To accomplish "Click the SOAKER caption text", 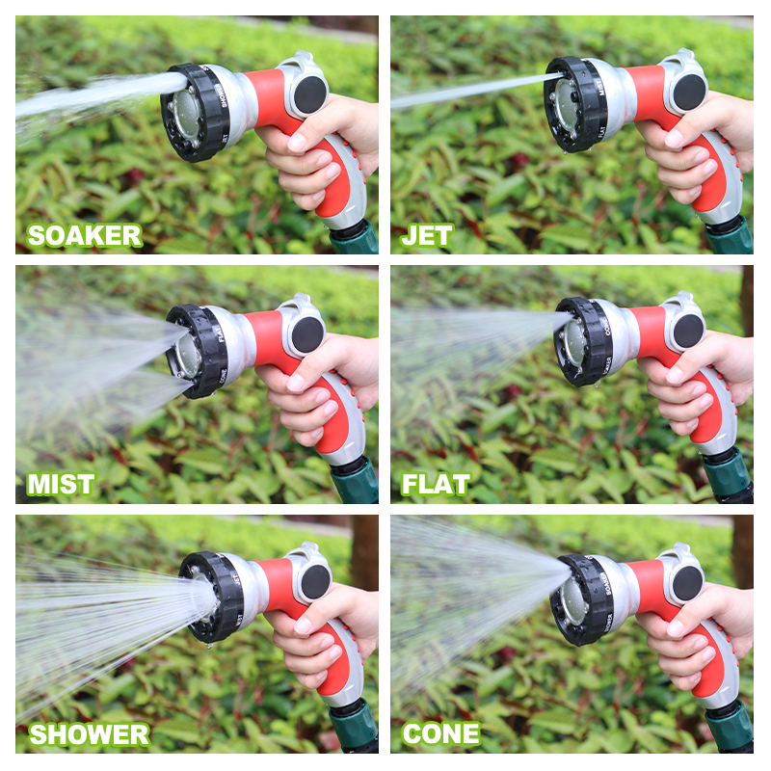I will click(x=84, y=235).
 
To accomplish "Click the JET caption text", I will click(x=427, y=235).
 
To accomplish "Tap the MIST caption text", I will click(x=61, y=484).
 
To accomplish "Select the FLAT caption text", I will click(x=436, y=484).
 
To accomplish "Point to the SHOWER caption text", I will click(x=89, y=733).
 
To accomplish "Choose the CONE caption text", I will click(x=440, y=733).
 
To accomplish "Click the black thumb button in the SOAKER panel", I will click(x=310, y=93).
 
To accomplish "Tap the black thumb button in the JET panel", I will click(x=688, y=92).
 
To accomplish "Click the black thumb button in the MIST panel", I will click(x=307, y=333).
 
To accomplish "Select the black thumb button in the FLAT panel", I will click(x=687, y=331).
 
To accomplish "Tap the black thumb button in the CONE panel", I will click(x=687, y=582).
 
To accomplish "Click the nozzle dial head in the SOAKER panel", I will click(x=196, y=111).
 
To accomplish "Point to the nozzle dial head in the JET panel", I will click(x=575, y=104).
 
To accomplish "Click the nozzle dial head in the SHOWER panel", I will click(x=212, y=598).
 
